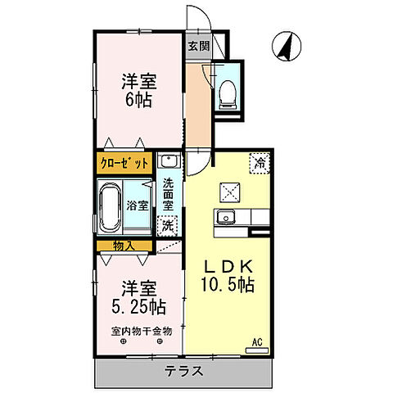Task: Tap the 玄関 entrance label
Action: pos(198,47)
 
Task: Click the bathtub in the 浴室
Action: pos(109,206)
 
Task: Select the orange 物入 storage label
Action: pos(124,246)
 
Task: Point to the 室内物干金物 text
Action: pos(141,331)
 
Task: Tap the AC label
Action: pos(256,341)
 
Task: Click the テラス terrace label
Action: pos(185,371)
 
